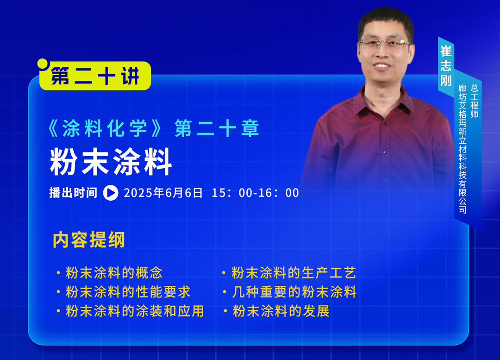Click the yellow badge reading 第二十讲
[x=95, y=76]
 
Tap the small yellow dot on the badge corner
[x=43, y=63]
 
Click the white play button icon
[x=111, y=193]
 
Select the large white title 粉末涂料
[x=111, y=162]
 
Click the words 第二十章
[x=217, y=128]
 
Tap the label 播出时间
[x=73, y=193]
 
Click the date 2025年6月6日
[x=163, y=193]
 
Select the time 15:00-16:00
[x=256, y=193]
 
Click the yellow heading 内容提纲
[x=88, y=240]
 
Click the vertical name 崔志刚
[x=446, y=66]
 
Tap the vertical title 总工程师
[x=475, y=101]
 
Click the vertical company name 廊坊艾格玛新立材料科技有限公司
[x=462, y=149]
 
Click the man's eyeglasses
[x=385, y=44]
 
